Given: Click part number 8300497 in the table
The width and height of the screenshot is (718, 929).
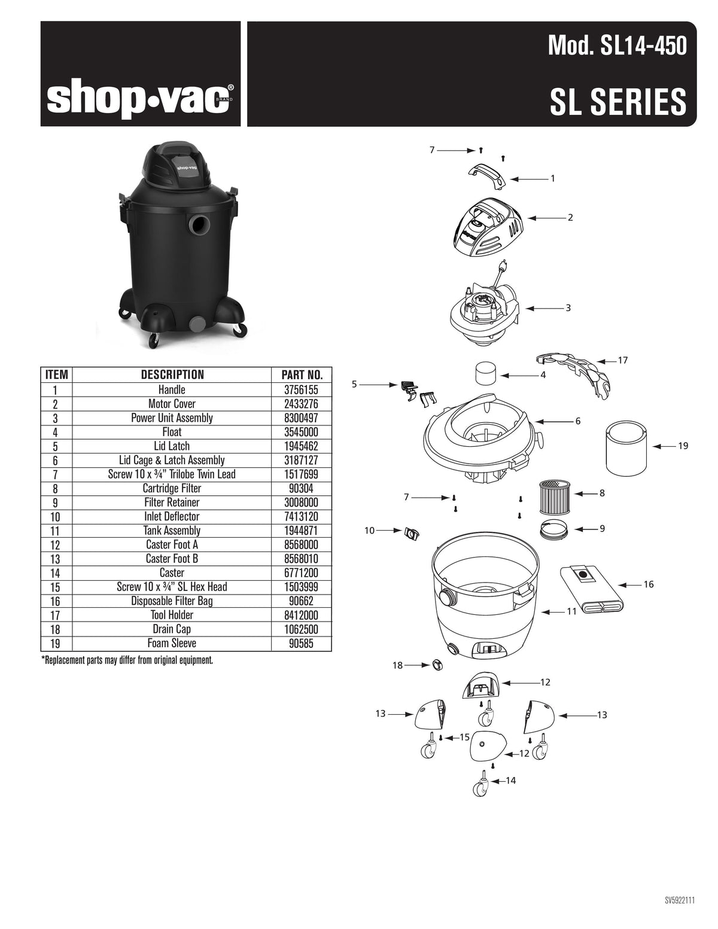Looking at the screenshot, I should coord(302,418).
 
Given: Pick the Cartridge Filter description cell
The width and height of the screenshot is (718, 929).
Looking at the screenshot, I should coord(172,488).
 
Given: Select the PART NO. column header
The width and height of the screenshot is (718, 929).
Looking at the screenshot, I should coord(302,375).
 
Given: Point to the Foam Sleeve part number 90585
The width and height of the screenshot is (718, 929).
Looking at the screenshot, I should coord(302,643).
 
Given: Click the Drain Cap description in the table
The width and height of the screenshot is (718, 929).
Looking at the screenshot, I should coord(172,629).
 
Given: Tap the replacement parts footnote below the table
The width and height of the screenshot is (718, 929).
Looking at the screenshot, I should coord(127,660).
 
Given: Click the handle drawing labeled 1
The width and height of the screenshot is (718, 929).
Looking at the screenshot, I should coord(486,177).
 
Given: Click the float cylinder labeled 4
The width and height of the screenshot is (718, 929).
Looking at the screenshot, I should coord(486,374).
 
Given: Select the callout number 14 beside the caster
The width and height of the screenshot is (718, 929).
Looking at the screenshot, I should coord(510,781).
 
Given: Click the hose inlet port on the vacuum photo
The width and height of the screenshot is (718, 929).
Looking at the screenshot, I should coord(199,225).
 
